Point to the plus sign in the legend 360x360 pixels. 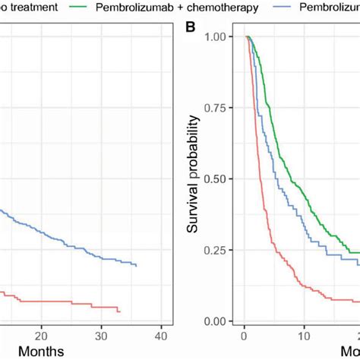click(x=185, y=8)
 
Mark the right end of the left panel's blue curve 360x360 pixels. click(x=137, y=266)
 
